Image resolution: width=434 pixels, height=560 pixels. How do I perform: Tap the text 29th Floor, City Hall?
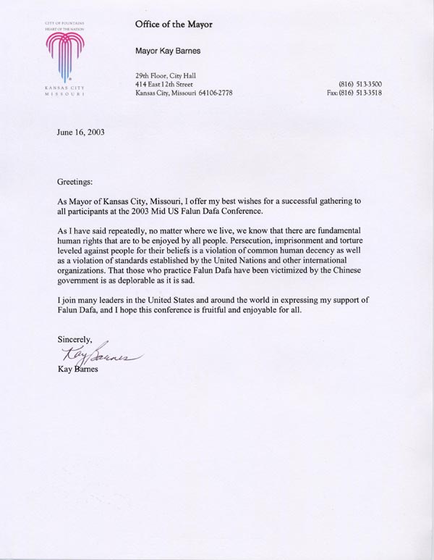(x=166, y=75)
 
